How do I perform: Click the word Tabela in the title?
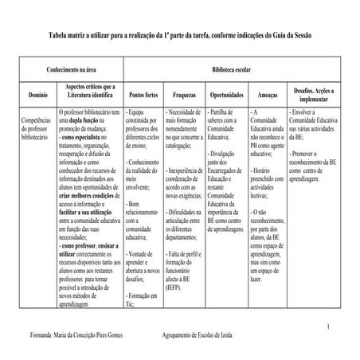59,36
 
